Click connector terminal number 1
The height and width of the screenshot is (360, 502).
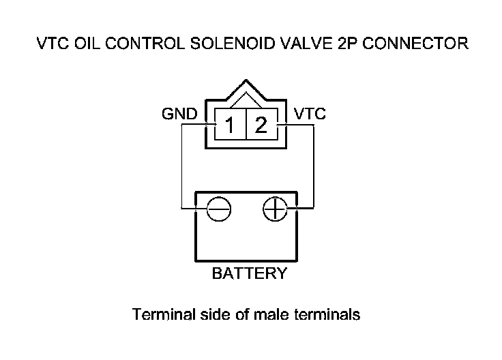(x=232, y=125)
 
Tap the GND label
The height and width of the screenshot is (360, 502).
(x=179, y=114)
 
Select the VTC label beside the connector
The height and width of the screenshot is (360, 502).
(x=309, y=114)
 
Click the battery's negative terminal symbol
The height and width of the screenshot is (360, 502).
(x=219, y=209)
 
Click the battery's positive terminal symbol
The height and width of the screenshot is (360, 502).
(x=275, y=209)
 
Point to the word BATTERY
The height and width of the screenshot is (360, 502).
(x=250, y=274)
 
